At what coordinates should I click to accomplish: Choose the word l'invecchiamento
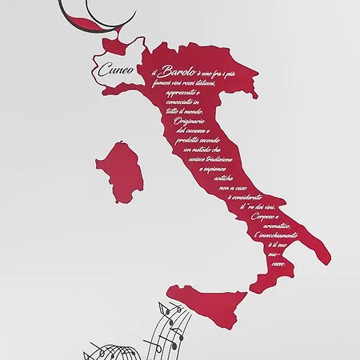pos(276,236)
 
